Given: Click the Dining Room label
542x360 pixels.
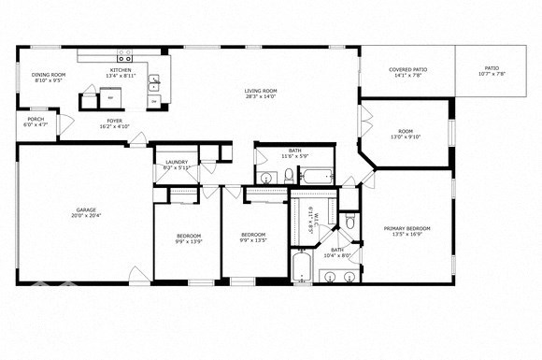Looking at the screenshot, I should click(48, 74).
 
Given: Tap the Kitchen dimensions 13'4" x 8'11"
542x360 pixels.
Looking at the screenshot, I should click(121, 76).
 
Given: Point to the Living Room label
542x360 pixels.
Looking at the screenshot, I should click(261, 90).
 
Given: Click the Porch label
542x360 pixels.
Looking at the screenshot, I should click(36, 119).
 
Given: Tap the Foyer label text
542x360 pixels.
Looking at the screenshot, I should click(113, 120).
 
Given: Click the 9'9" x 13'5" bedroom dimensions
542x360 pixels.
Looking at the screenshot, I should click(254, 240).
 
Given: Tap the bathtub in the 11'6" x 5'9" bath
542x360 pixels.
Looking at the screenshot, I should click(317, 176).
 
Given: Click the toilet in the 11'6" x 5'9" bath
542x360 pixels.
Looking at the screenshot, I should click(289, 176).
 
